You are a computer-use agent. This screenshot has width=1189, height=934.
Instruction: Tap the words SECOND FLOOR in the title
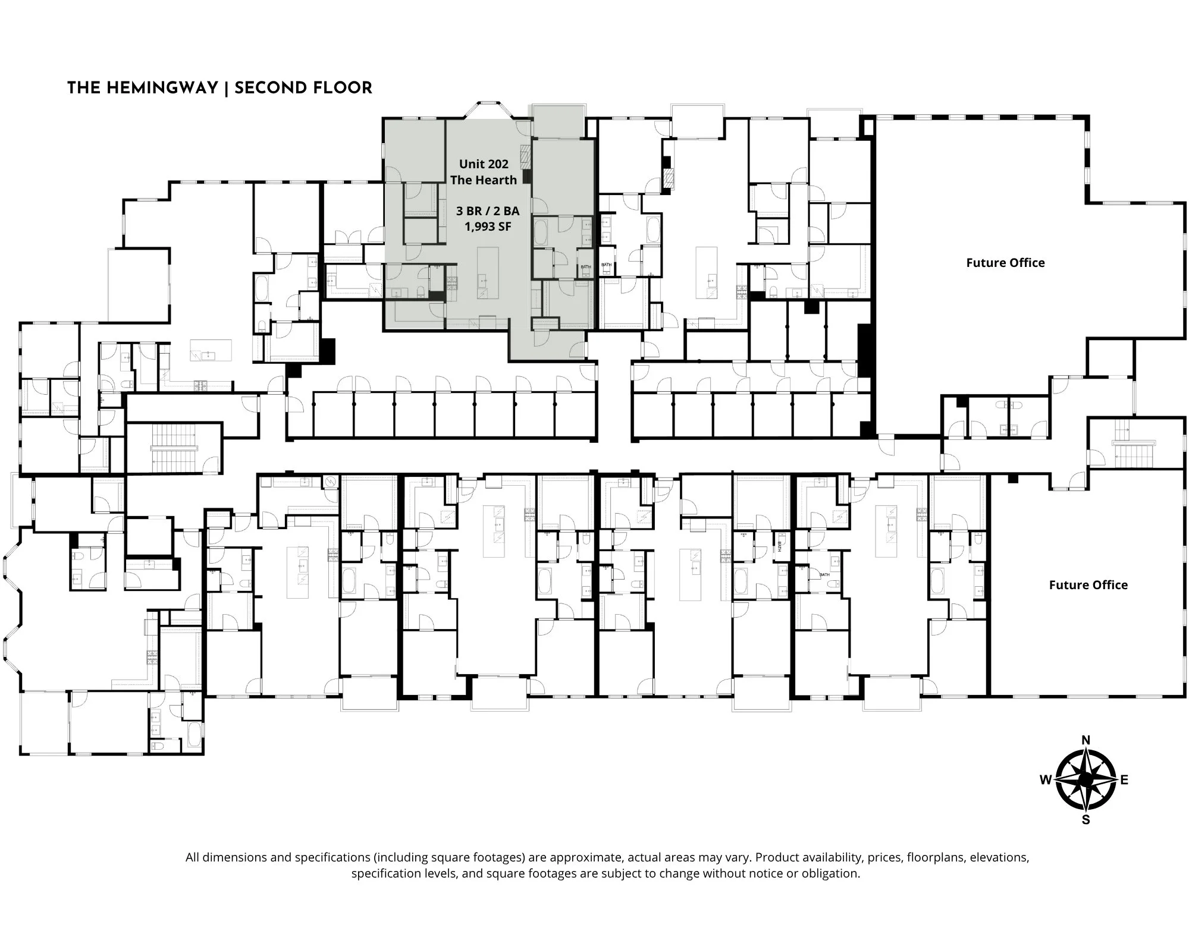[x=303, y=89]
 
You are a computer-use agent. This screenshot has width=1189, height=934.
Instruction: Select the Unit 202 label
[x=484, y=164]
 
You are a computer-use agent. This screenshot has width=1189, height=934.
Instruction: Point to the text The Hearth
[x=484, y=180]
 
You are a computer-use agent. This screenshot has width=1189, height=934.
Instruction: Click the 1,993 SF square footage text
[x=488, y=227]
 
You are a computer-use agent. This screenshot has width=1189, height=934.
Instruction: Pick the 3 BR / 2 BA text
[x=488, y=211]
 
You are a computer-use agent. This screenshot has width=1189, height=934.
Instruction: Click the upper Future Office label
[x=1005, y=263]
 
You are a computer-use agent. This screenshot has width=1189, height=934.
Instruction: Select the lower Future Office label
[x=1088, y=585]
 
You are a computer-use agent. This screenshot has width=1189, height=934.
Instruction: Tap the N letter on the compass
[x=1086, y=740]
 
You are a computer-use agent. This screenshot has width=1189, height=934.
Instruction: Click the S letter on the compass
[x=1086, y=820]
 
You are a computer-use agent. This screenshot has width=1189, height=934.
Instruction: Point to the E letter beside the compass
[x=1124, y=780]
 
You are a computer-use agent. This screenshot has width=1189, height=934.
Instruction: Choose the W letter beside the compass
[x=1046, y=780]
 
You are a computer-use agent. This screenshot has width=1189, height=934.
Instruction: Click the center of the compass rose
[x=1086, y=779]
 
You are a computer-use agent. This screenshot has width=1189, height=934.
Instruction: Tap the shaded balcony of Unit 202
[x=557, y=121]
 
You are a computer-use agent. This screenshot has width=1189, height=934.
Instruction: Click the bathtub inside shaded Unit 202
[x=541, y=232]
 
